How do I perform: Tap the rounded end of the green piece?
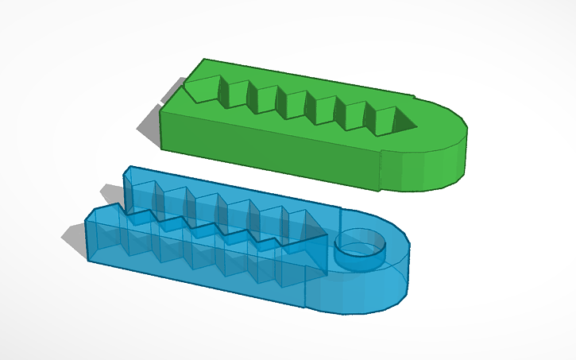coord(441,147)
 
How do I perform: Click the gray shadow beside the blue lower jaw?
coord(75,238)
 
